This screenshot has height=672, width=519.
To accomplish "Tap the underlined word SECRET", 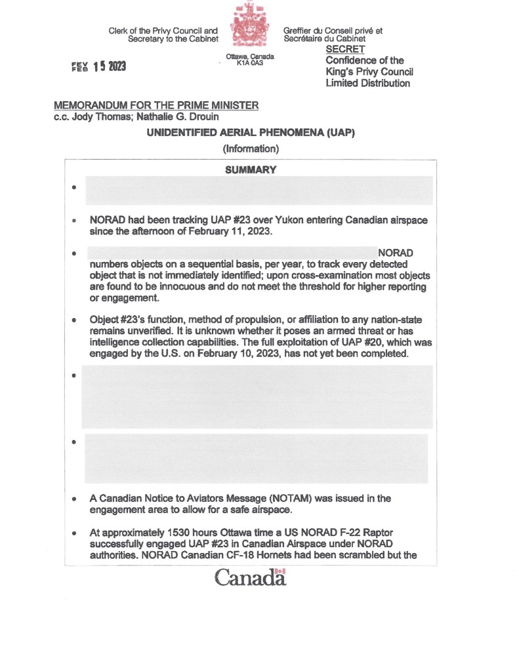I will click(345, 49).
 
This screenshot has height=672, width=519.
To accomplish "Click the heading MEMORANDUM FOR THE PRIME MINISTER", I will click(156, 106).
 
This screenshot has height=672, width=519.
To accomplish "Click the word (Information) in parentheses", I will click(251, 148).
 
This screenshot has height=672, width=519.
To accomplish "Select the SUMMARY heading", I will click(250, 169).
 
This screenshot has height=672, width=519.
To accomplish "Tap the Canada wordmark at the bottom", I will click(250, 577).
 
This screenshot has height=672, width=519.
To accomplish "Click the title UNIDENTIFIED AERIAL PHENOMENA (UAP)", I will click(251, 133).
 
